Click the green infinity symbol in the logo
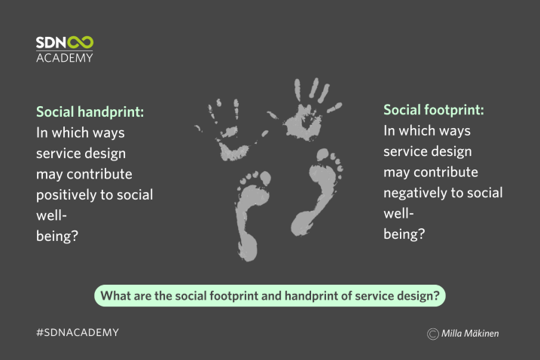tap(81, 42)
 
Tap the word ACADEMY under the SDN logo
tap(65, 58)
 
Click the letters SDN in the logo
tap(51, 42)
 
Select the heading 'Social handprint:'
tap(90, 112)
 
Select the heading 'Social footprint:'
tap(434, 110)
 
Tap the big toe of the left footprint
tap(265, 178)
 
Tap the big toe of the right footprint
tap(322, 154)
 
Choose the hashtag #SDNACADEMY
tap(78, 332)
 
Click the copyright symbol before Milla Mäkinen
tap(433, 334)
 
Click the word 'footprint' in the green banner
tap(234, 296)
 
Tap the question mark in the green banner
tap(436, 295)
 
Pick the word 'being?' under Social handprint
tap(57, 236)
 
